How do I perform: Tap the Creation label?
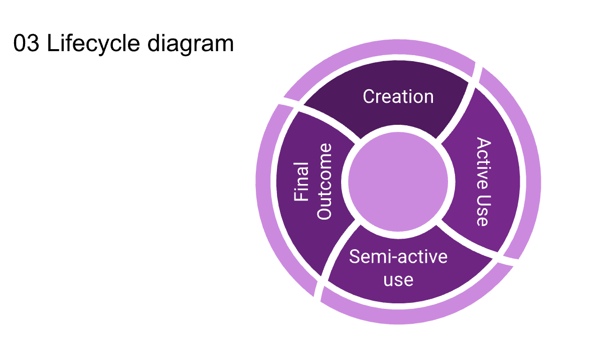[x=398, y=96]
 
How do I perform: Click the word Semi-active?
[x=398, y=257]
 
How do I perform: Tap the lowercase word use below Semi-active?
[x=398, y=279]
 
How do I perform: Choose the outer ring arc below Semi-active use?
[x=416, y=314]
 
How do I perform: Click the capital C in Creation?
[x=368, y=96]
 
